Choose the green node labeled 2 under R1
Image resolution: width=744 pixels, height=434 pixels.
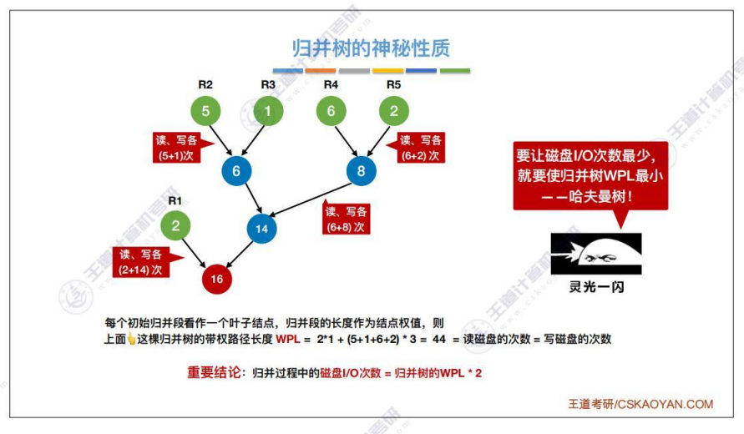coord(175,225)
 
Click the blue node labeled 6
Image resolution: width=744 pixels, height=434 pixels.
coord(236,171)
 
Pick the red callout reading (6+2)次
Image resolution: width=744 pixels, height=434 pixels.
coord(420,148)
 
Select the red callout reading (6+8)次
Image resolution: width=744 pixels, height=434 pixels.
coord(346,220)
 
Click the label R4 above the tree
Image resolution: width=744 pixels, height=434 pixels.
coord(331,84)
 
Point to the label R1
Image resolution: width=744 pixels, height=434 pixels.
coord(175,200)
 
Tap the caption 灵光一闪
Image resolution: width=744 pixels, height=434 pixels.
coord(596,286)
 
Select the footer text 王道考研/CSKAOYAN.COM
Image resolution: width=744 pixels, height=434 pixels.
coord(640,404)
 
